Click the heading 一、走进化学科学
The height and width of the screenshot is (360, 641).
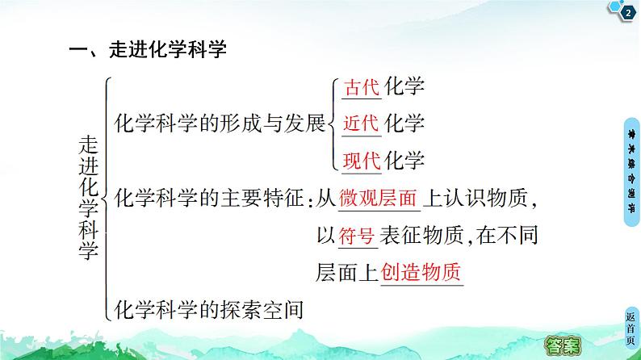pyautogui.click(x=148, y=50)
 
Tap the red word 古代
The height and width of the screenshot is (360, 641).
pyautogui.click(x=362, y=87)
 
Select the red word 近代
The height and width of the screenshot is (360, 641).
pyautogui.click(x=362, y=123)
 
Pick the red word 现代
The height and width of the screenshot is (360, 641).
pyautogui.click(x=362, y=160)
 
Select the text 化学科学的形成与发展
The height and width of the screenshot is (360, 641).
pyautogui.click(x=220, y=123)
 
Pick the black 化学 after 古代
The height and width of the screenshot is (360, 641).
pyautogui.click(x=404, y=87)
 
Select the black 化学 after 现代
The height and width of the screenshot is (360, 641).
pyautogui.click(x=404, y=160)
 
